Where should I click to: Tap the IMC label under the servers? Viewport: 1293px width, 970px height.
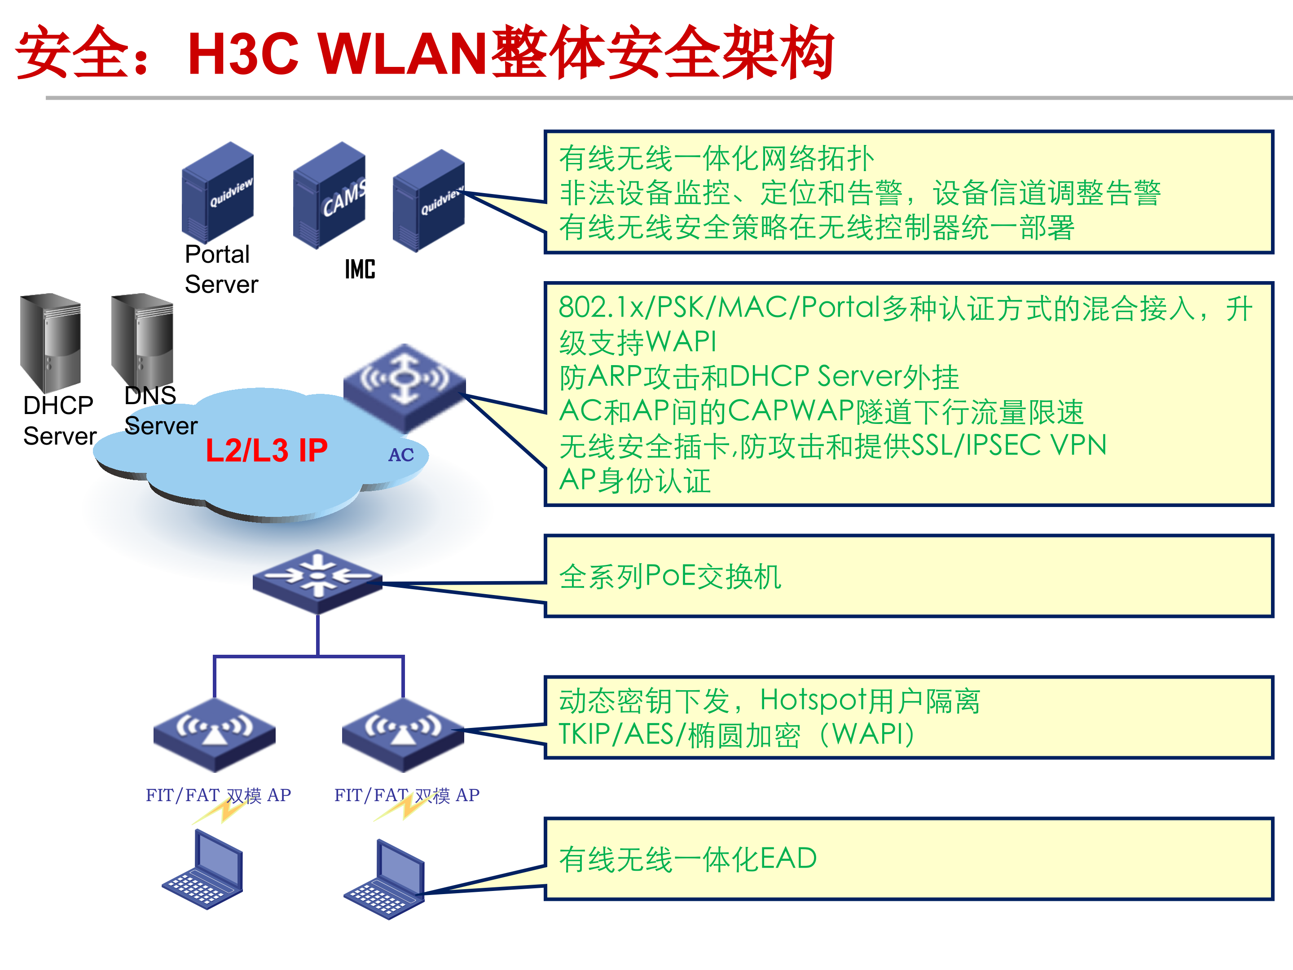(x=360, y=269)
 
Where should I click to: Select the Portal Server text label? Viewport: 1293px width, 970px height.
(x=220, y=269)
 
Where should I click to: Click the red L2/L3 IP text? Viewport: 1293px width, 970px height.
(x=267, y=450)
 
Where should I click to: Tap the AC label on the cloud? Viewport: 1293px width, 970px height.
(x=401, y=455)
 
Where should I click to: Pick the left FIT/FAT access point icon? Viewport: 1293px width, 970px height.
(x=215, y=734)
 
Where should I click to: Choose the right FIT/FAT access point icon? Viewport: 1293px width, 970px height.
(x=403, y=734)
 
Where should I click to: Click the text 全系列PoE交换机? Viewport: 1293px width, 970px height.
(x=670, y=577)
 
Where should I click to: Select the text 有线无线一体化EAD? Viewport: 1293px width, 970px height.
(x=687, y=859)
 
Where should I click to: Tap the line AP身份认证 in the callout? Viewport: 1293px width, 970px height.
(x=635, y=481)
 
